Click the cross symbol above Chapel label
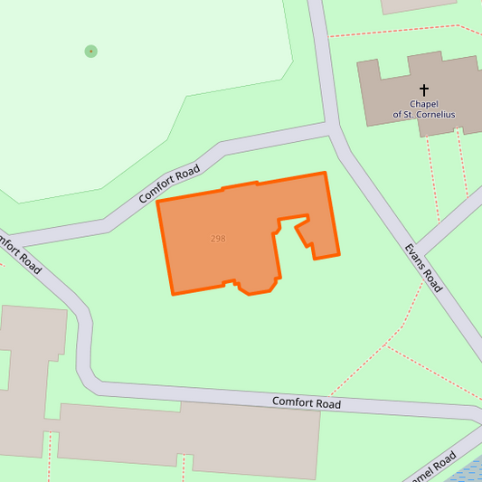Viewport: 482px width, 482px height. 424,90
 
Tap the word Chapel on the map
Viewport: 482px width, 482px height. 424,104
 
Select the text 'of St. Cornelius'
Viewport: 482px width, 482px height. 424,115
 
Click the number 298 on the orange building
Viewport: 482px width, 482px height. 218,239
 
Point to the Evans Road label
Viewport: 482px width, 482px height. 422,267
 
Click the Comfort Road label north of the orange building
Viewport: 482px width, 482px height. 169,184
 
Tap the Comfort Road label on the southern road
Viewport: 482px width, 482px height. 307,403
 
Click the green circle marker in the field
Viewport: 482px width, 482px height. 90,52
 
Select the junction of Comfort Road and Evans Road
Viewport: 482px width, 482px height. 334,131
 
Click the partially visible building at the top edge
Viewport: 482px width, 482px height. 418,5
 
